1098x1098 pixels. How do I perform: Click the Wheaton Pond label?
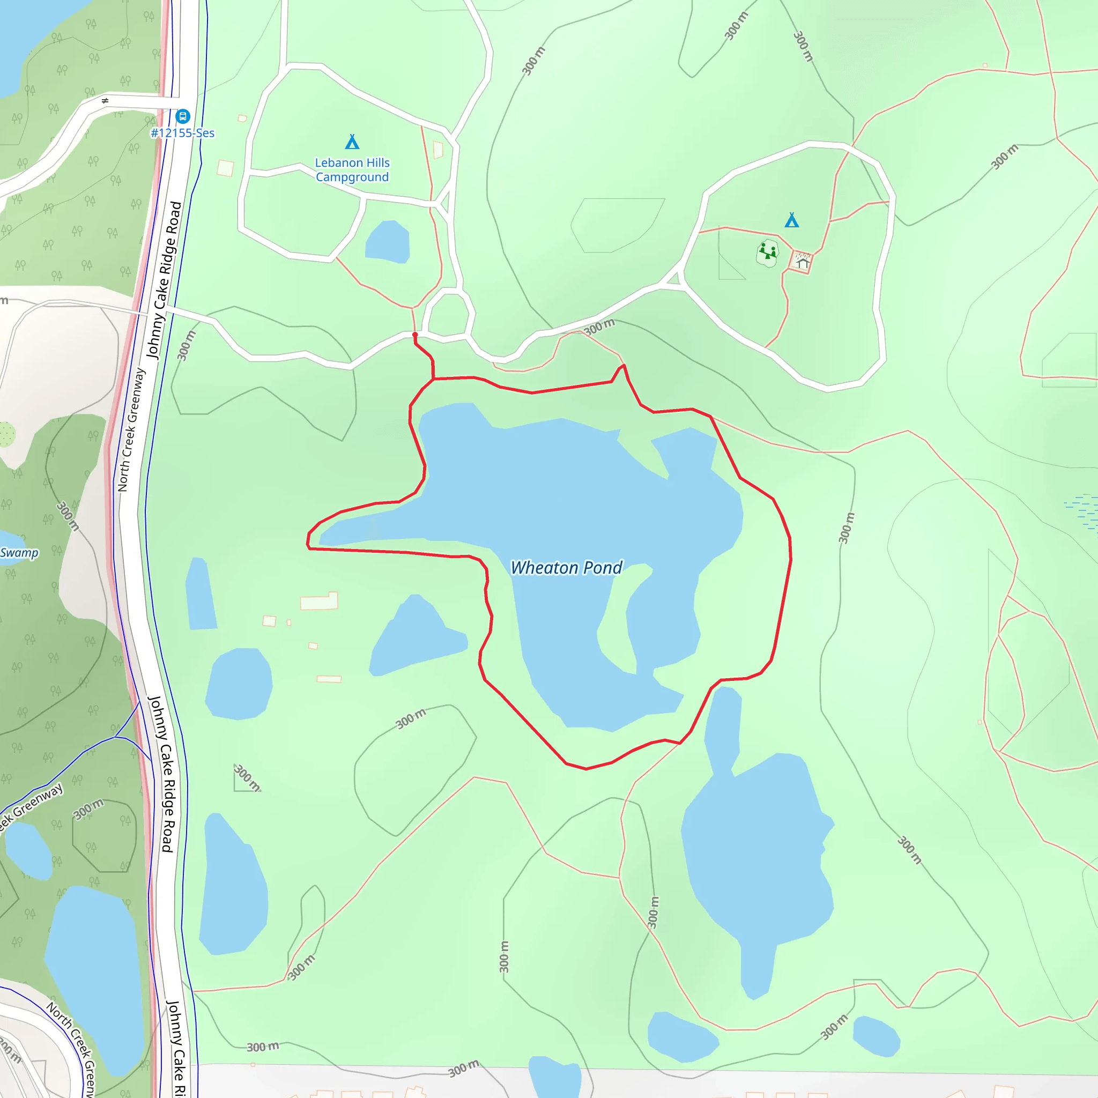pyautogui.click(x=566, y=568)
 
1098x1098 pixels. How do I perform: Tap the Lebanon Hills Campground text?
pyautogui.click(x=352, y=170)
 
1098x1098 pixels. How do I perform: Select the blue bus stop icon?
pyautogui.click(x=182, y=116)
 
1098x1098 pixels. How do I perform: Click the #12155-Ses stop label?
pyautogui.click(x=182, y=133)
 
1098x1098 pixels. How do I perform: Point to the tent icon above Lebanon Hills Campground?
pyautogui.click(x=352, y=142)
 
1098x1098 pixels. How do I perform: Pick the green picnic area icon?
pyautogui.click(x=768, y=251)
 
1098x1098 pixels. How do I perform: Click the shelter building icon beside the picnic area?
pyautogui.click(x=802, y=261)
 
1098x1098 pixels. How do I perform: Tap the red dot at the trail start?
pyautogui.click(x=415, y=335)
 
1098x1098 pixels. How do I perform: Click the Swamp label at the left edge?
pyautogui.click(x=19, y=553)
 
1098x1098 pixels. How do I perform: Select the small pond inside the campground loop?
pyautogui.click(x=388, y=242)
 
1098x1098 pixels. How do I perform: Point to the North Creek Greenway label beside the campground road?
pyautogui.click(x=131, y=430)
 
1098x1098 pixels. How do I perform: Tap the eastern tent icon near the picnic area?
pyautogui.click(x=792, y=220)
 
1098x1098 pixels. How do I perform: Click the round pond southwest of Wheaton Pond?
pyautogui.click(x=239, y=684)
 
